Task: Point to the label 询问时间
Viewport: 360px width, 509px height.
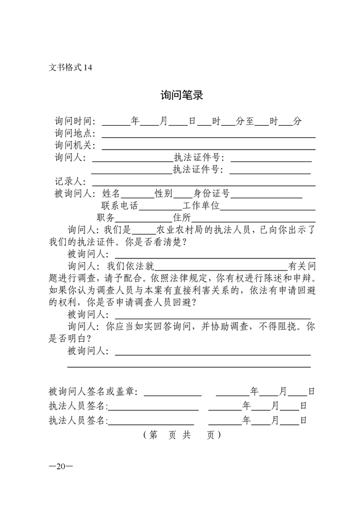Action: pos(74,121)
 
